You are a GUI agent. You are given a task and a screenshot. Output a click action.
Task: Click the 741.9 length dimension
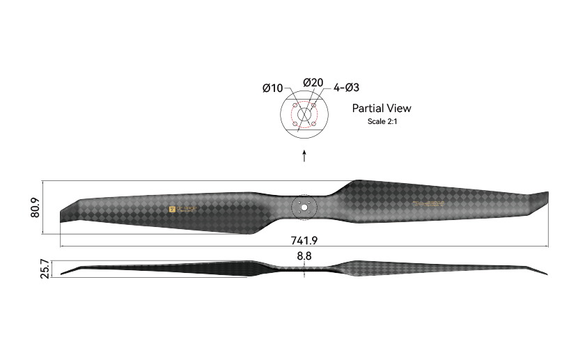[x=304, y=240]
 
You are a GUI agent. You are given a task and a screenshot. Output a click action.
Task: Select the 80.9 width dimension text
[x=34, y=208]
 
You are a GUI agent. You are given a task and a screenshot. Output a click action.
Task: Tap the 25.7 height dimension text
[x=45, y=268]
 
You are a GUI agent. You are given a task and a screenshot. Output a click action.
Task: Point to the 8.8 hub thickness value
[x=304, y=256]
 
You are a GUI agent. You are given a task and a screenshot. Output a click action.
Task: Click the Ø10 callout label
[x=272, y=88]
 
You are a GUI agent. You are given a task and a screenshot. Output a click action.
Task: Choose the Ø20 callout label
[x=313, y=83]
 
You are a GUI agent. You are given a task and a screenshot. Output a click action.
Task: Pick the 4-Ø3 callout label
[x=346, y=88]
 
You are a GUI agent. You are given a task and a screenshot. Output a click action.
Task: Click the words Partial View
[x=381, y=108]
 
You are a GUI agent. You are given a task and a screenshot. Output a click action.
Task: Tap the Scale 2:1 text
[x=382, y=121]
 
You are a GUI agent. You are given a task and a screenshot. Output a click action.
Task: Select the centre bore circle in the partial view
[x=304, y=115]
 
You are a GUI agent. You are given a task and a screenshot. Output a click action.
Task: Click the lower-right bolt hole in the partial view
[x=313, y=124]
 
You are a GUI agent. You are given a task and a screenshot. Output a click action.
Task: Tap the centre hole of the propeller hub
[x=304, y=207]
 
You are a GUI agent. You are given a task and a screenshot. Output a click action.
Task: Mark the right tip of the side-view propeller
[x=546, y=273]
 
